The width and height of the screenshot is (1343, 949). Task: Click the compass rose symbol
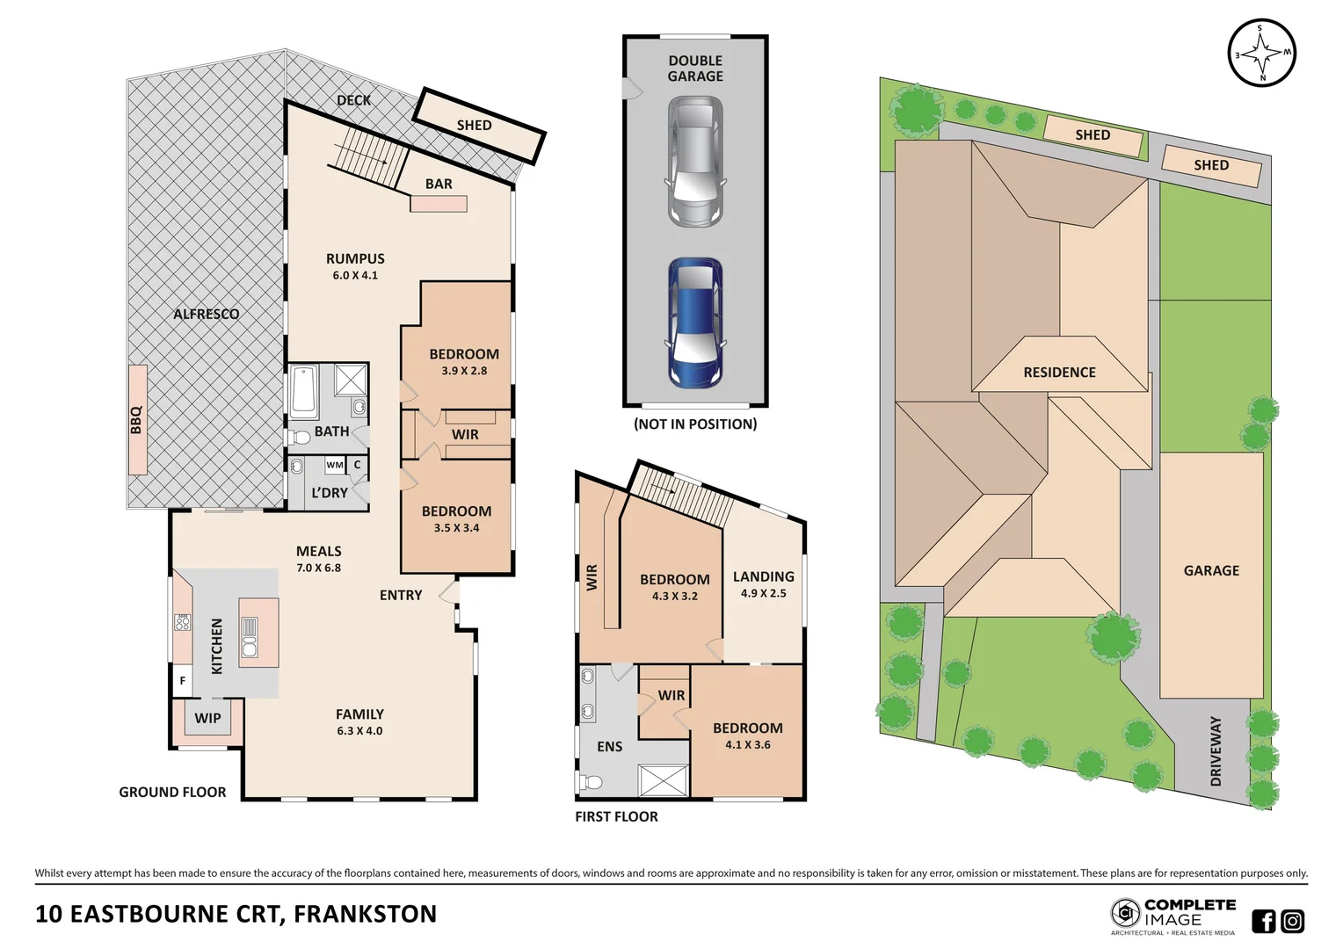pos(1261,53)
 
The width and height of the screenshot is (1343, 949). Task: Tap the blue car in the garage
pos(695,322)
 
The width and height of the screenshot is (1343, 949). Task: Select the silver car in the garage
pos(695,161)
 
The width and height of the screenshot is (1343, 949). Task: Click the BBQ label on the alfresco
pos(136,419)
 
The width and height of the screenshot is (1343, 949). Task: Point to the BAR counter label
pos(439,184)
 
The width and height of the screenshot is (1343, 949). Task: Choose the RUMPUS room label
pos(355,258)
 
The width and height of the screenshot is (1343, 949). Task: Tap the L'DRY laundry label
pos(330,493)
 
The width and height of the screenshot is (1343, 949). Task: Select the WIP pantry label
pos(207,718)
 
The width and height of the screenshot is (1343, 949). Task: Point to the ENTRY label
pos(401,595)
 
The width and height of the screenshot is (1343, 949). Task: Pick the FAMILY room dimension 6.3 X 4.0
pos(359,731)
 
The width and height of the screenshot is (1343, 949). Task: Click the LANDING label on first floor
pos(763,576)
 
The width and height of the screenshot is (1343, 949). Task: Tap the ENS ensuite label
pos(609,747)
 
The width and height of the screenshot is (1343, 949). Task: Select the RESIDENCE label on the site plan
pos(1059,373)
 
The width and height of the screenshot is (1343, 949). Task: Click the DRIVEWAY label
pos(1216,751)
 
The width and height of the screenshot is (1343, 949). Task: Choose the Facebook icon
pos(1264,921)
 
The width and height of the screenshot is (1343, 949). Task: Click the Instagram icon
pos(1293,921)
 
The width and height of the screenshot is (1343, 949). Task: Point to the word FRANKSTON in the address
pos(365,914)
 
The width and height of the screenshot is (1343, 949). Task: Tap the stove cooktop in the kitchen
pos(183,622)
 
